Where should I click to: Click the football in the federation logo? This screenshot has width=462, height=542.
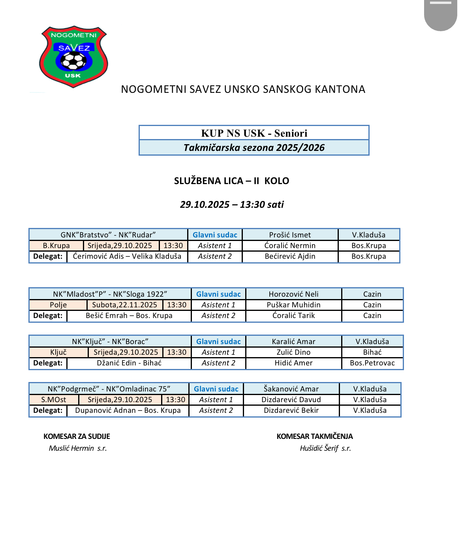[x=73, y=61]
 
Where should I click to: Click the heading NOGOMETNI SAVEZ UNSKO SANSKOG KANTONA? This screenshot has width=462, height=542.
[x=243, y=89]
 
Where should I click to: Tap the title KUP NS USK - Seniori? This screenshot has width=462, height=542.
[x=254, y=133]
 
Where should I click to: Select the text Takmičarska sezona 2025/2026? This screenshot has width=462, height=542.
[x=254, y=148]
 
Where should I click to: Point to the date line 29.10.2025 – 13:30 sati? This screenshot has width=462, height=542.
[x=232, y=205]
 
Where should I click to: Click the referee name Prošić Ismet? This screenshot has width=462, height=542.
[x=290, y=235]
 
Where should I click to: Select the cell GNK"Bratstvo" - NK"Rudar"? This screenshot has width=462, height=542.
[x=108, y=235]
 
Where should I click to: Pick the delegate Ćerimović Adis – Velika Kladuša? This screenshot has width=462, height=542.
[x=127, y=256]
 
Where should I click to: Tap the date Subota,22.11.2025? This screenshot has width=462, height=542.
[x=125, y=305]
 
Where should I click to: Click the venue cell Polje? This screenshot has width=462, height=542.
[x=58, y=305]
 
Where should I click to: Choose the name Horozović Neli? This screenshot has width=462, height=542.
[x=293, y=294]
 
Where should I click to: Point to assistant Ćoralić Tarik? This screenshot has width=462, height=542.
[x=293, y=316]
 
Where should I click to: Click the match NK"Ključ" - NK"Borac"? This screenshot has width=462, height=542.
[x=110, y=342]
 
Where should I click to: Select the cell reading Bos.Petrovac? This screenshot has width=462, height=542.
[x=372, y=363]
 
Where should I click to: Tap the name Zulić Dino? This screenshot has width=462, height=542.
[x=293, y=352]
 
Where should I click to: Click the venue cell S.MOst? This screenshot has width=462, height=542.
[x=54, y=400]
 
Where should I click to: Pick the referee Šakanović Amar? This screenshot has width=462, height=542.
[x=291, y=389]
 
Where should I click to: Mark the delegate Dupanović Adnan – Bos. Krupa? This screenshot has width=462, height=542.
[x=128, y=410]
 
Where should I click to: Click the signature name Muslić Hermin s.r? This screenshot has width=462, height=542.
[x=78, y=448]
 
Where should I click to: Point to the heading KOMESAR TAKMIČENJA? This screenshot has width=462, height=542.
[x=315, y=437]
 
